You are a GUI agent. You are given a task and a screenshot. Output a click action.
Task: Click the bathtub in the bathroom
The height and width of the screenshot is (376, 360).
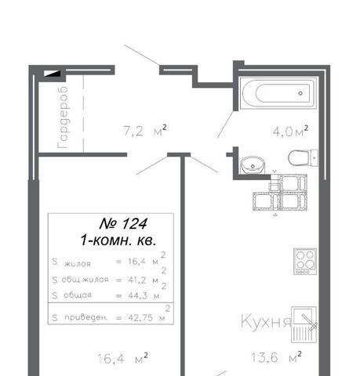[278, 93]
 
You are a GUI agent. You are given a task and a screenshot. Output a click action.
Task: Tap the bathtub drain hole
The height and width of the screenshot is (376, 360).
[300, 93]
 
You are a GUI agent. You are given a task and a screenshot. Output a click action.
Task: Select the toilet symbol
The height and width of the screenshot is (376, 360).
[303, 157]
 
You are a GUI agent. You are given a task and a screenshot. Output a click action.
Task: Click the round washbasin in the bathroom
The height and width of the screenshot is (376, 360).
[253, 164]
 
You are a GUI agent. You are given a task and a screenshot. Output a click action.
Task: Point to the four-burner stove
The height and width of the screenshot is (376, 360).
[305, 261]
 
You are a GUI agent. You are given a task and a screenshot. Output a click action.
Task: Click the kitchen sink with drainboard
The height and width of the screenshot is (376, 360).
[304, 324]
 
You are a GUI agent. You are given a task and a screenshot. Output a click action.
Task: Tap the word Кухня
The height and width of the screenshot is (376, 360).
[266, 322]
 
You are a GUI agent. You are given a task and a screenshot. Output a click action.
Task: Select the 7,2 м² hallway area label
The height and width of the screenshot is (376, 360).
[145, 130]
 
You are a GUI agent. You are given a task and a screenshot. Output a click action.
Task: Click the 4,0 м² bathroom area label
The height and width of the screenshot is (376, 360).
[290, 132]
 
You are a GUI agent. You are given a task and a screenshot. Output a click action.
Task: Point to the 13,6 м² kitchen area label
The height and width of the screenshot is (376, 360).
[276, 357]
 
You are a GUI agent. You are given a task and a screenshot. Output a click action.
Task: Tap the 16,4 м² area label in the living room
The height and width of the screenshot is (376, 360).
[122, 358]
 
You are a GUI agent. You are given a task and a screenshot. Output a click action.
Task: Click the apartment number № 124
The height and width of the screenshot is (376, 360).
[123, 224]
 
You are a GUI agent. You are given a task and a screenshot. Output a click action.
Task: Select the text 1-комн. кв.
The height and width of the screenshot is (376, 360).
[118, 240]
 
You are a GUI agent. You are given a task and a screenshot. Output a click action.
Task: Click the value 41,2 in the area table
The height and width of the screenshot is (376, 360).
[137, 280]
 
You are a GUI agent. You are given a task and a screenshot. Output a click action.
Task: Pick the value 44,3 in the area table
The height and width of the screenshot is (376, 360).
[138, 295]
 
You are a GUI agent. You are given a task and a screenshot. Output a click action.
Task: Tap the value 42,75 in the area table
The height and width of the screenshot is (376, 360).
[140, 318]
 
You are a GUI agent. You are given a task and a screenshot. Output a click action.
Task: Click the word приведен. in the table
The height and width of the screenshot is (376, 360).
[85, 317]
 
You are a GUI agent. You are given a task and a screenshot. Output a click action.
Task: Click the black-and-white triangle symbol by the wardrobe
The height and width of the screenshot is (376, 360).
[52, 74]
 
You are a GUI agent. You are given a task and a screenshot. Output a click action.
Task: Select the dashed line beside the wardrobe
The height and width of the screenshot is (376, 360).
[84, 114]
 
